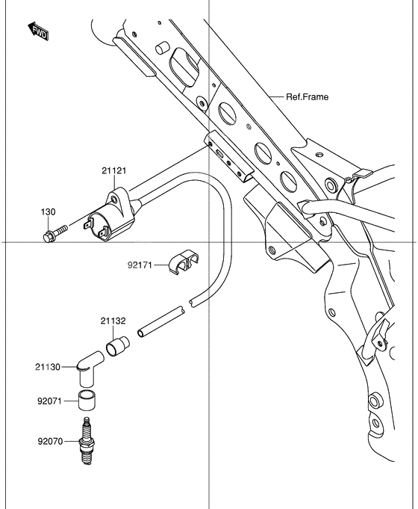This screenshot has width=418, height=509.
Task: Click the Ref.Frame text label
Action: pos(307,97)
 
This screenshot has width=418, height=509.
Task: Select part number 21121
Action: pos(115,171)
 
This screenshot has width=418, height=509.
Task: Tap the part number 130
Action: pos(48,213)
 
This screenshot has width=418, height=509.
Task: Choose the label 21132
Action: pos(113,321)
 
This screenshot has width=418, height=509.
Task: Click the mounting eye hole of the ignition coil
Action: pos(113,200)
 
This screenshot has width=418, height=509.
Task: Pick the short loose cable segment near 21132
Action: pos(163,320)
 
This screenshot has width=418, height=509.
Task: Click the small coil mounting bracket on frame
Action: pos(228,155)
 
